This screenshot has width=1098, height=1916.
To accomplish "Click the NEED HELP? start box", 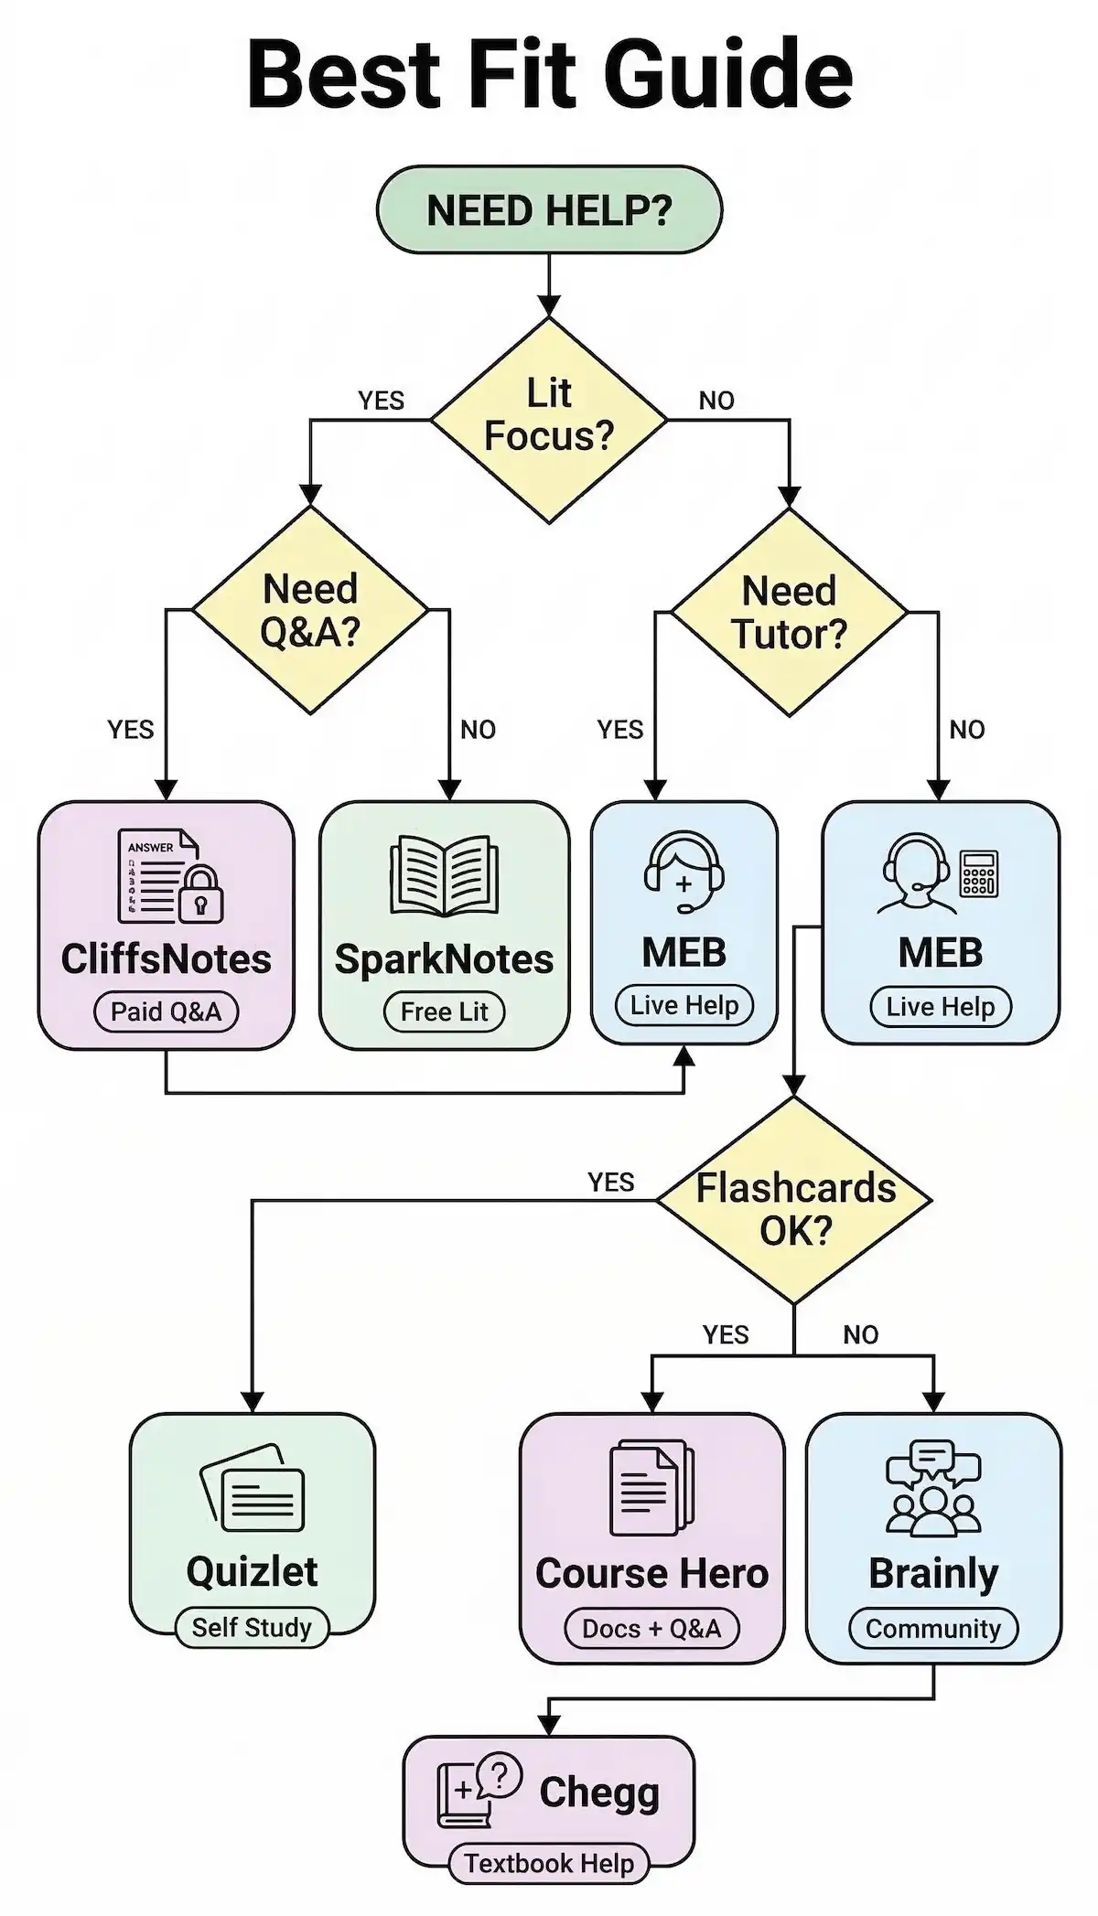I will tap(549, 210).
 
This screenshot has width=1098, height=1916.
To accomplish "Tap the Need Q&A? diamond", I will tap(310, 610).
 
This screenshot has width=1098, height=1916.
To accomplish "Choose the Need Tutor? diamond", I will tap(789, 612).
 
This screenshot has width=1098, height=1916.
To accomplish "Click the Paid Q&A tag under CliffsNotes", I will tap(166, 1012).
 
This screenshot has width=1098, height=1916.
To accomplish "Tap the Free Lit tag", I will tap(444, 1012).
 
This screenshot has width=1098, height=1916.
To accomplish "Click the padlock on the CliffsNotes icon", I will tap(200, 894).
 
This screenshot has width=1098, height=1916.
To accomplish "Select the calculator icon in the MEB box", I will tap(978, 873).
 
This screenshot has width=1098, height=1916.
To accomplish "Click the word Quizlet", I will tap(252, 1571).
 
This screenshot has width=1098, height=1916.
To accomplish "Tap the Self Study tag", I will tap(252, 1627).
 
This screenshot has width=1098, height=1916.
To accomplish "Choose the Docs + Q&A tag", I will tap(651, 1628).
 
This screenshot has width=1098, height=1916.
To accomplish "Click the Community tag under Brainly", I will tap(933, 1628).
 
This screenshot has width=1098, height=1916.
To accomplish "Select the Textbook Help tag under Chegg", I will tap(548, 1863).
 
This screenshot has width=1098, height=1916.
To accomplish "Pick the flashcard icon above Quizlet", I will tap(253, 1488).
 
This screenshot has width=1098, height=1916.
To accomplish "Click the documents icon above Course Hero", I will tap(651, 1488).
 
